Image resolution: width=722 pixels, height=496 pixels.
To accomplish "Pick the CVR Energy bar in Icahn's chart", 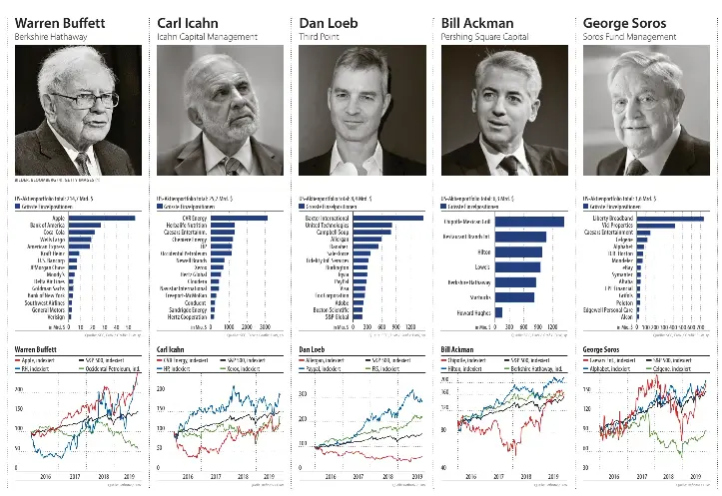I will (240, 217).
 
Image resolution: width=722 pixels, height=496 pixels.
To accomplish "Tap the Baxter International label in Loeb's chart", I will (331, 217).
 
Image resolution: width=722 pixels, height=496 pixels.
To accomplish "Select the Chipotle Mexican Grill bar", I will (529, 222).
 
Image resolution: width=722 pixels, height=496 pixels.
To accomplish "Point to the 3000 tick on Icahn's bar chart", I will (265, 326).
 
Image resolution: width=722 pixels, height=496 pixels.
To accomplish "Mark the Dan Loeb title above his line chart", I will (314, 349).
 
